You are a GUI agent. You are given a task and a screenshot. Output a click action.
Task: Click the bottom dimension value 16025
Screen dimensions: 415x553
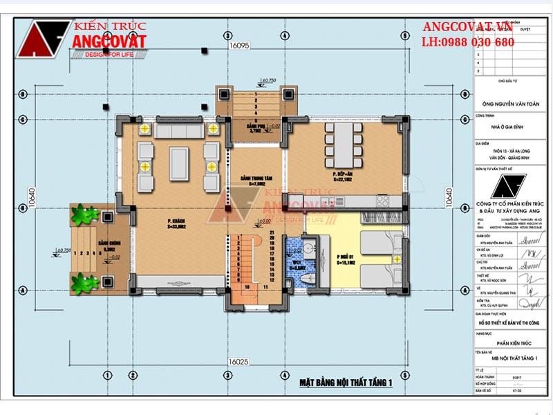[x=238, y=361]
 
